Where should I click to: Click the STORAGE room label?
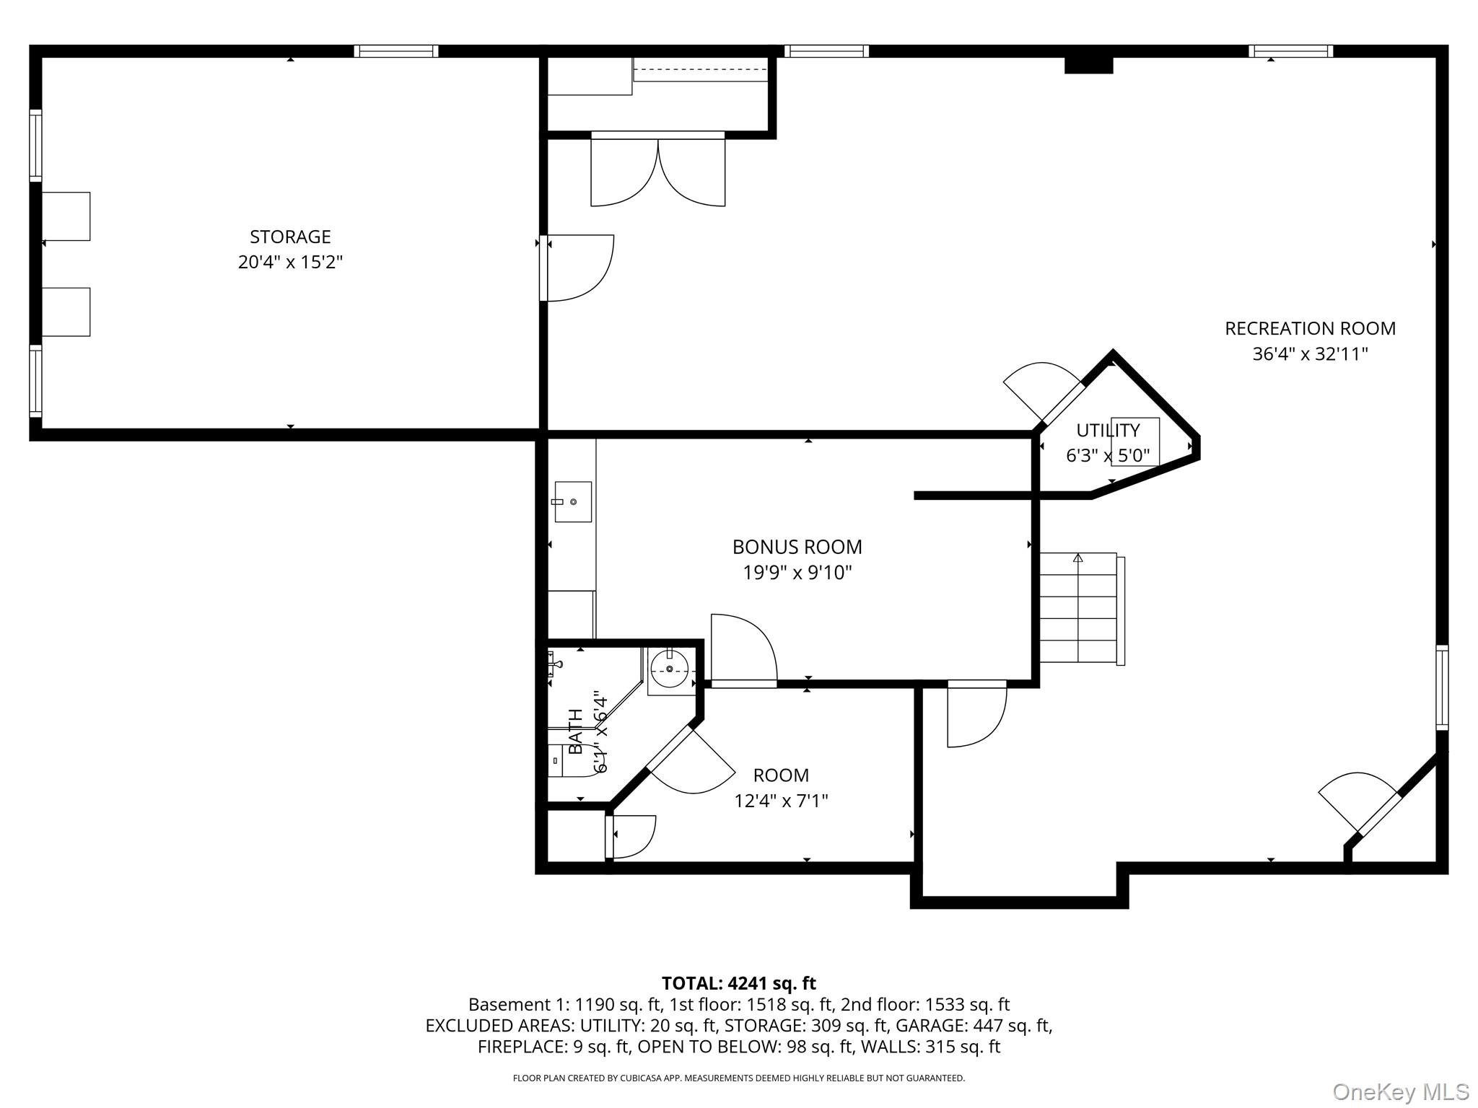(x=290, y=237)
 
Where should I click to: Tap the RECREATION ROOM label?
(x=1310, y=328)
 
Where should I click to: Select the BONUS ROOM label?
(x=797, y=547)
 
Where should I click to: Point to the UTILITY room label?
(x=1108, y=431)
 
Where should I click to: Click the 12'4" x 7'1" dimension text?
(x=781, y=801)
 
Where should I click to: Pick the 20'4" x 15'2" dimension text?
(x=290, y=262)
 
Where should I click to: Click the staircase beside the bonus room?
(x=1081, y=608)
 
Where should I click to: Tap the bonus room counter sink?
(x=573, y=501)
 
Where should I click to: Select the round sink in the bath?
(x=670, y=669)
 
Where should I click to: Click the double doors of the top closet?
(x=658, y=170)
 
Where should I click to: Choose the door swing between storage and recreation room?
(x=577, y=268)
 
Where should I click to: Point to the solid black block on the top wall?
(x=1089, y=65)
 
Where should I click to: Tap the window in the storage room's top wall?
(x=396, y=51)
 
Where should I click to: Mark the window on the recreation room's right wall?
(x=1442, y=687)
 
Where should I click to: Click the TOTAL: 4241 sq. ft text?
(x=739, y=983)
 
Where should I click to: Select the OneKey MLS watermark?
(x=1401, y=1092)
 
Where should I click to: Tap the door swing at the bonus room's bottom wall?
(x=743, y=648)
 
